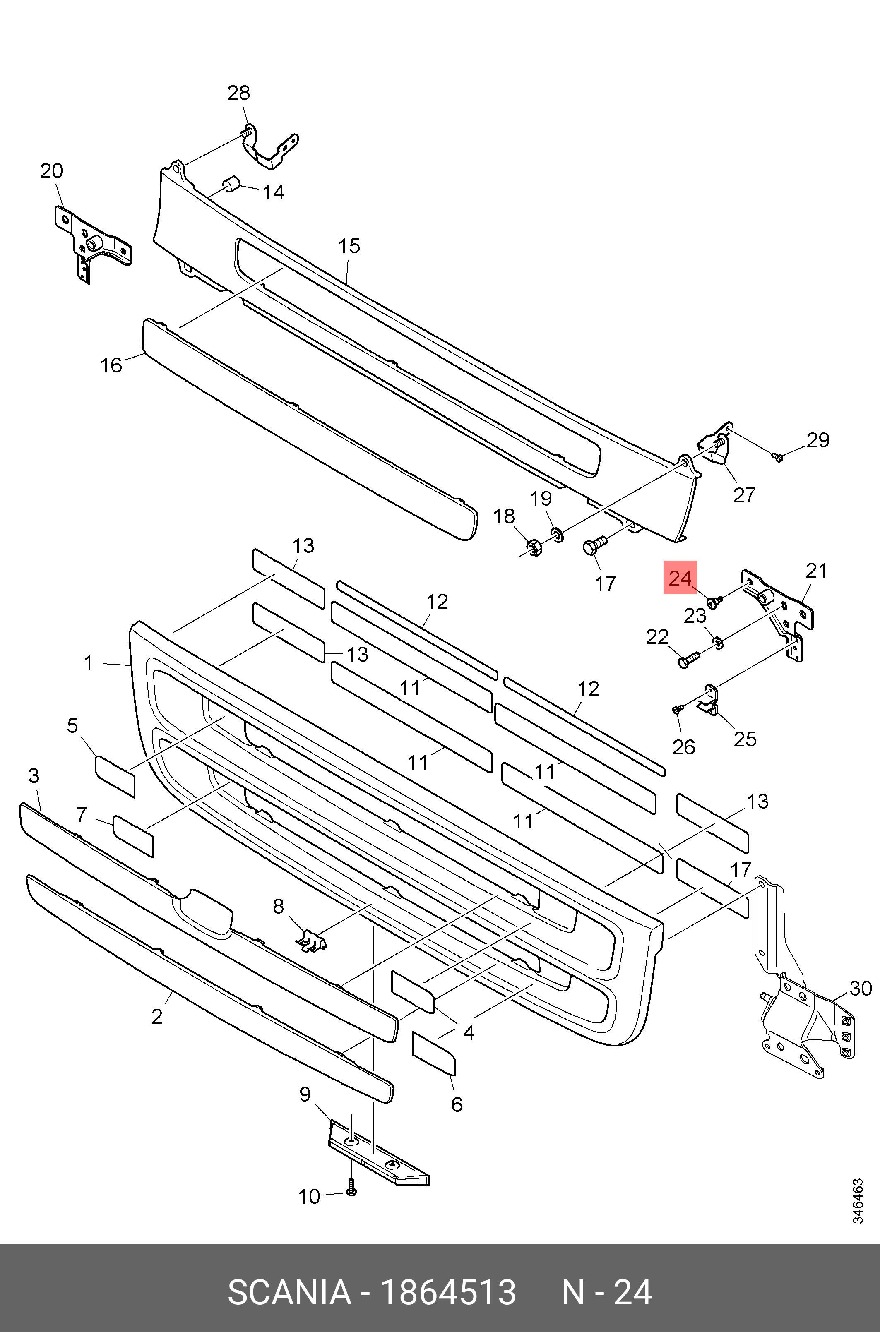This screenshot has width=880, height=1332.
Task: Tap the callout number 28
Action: coord(238,93)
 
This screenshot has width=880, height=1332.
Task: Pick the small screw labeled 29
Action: coord(778,457)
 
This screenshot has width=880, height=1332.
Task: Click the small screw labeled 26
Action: coord(677,710)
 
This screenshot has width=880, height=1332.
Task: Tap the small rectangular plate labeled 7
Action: coord(133,836)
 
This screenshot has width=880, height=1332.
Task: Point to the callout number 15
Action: coord(349,246)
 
